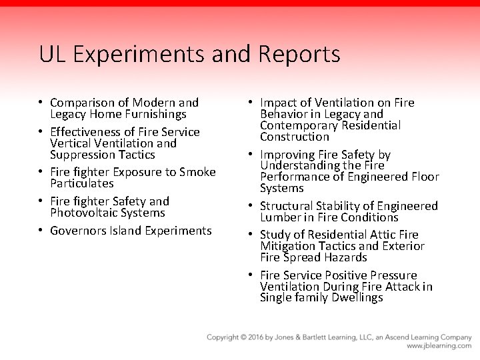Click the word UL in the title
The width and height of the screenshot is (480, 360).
coord(51,54)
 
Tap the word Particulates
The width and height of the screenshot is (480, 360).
coord(82,183)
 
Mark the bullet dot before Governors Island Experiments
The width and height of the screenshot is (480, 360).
coord(41,231)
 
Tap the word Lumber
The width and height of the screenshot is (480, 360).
coord(279,217)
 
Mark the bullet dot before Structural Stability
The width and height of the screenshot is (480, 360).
coord(251,206)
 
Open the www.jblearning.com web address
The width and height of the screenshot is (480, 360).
coord(439,347)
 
